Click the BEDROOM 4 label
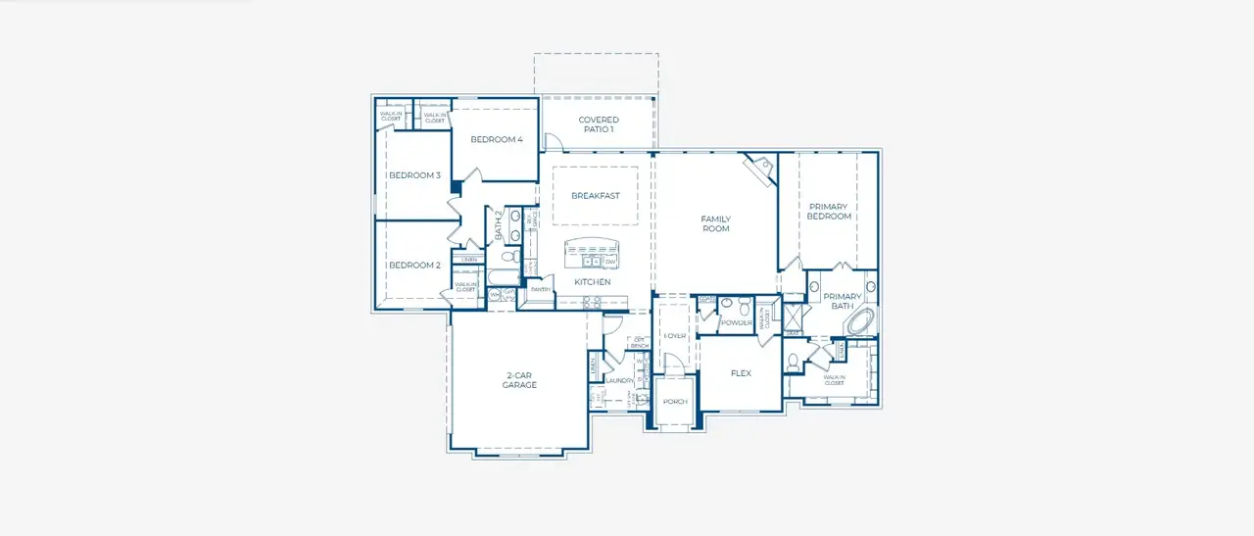[x=497, y=140]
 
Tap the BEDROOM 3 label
[x=414, y=175]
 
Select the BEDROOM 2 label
[x=414, y=266]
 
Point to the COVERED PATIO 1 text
[x=598, y=124]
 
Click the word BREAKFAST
[x=596, y=196]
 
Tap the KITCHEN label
[x=593, y=282]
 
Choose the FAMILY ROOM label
[x=715, y=224]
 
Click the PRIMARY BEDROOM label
[x=829, y=212]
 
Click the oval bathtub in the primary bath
[x=861, y=321]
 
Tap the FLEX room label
[x=741, y=373]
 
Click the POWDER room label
[x=736, y=322]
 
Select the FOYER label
[x=675, y=336]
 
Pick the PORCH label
[x=675, y=403]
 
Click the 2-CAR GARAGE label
[x=520, y=380]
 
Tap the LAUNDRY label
[x=618, y=380]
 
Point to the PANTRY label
[x=539, y=290]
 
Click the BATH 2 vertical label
[x=499, y=226]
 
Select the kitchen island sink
[x=591, y=262]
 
